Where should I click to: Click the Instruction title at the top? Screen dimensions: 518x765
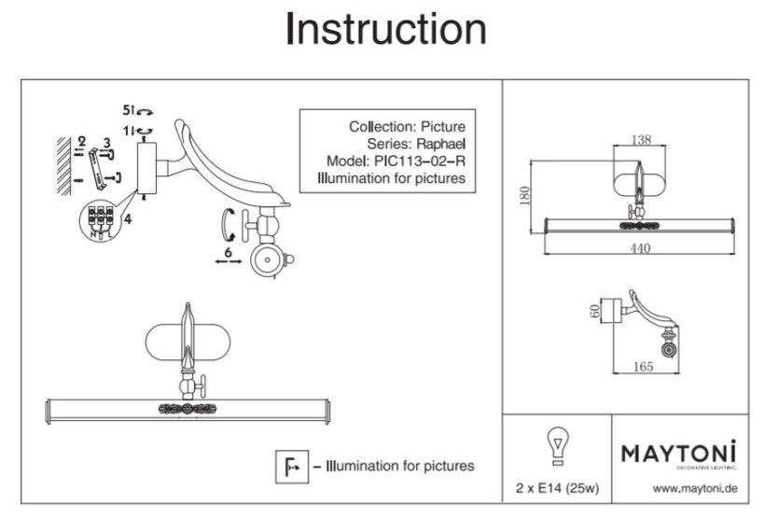[385, 29]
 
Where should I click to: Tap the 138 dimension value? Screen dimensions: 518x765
[640, 139]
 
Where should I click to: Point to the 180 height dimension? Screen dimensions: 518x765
[524, 195]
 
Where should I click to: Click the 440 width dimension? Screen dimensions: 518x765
[640, 248]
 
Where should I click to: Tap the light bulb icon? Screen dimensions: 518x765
[556, 444]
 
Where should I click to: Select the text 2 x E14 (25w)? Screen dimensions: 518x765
[556, 488]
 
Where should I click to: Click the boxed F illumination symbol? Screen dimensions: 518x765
[286, 465]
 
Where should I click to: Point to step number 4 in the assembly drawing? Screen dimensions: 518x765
[128, 219]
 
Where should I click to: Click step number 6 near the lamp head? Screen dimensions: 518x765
[228, 252]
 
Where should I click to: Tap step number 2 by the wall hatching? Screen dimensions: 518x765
[81, 140]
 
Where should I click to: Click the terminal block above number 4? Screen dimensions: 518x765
[100, 217]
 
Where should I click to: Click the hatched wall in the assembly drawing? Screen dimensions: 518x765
[63, 164]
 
